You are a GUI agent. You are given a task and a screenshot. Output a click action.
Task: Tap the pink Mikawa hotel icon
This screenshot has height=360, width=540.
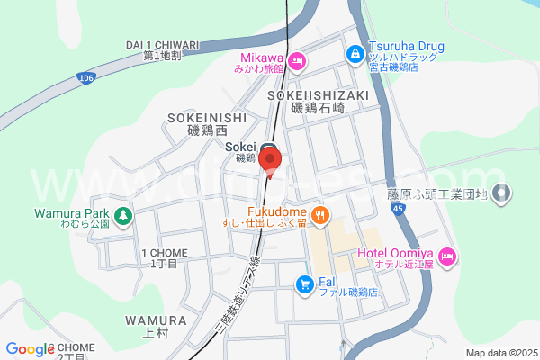pos(297,61)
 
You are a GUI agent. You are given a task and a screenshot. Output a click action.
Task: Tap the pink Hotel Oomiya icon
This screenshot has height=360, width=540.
pos(447,259)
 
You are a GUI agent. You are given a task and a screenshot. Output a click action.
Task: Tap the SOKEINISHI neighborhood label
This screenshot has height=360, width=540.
pos(206,117)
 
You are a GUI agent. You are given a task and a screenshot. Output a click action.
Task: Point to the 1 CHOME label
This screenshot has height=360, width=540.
pos(163,253)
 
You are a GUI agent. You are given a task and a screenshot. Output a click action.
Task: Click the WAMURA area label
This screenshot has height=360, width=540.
pos(156,320)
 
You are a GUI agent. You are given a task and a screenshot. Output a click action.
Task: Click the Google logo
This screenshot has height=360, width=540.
pos(30,349)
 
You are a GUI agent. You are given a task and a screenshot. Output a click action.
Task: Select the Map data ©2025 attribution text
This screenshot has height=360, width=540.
pos(499,353)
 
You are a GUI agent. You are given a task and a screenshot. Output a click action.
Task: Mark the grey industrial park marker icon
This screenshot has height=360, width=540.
pos(502,193)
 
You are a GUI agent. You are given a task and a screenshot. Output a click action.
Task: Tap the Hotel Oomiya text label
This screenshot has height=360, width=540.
pos(395,253)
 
